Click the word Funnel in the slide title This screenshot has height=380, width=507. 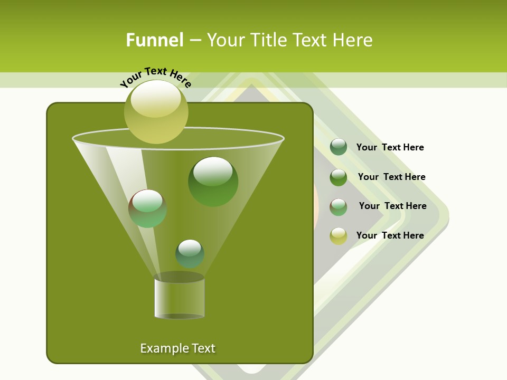click(154, 40)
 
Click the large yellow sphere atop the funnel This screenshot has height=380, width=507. click(156, 111)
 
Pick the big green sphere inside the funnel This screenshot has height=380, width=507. click(213, 182)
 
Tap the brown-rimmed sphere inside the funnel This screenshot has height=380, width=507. click(147, 208)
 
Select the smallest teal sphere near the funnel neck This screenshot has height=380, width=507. click(190, 253)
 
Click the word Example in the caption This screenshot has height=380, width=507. click(161, 348)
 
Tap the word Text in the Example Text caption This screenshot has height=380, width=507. click(202, 348)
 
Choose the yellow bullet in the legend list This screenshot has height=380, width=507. click(339, 236)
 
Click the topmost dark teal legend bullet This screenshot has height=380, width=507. click(339, 147)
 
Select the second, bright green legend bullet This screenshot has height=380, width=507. click(339, 177)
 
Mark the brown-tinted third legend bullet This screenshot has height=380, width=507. click(339, 207)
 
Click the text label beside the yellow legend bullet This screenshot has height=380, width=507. click(390, 235)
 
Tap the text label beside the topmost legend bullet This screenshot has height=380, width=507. click(390, 147)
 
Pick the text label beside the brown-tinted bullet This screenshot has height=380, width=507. click(392, 206)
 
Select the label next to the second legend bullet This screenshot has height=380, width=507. click(391, 177)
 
